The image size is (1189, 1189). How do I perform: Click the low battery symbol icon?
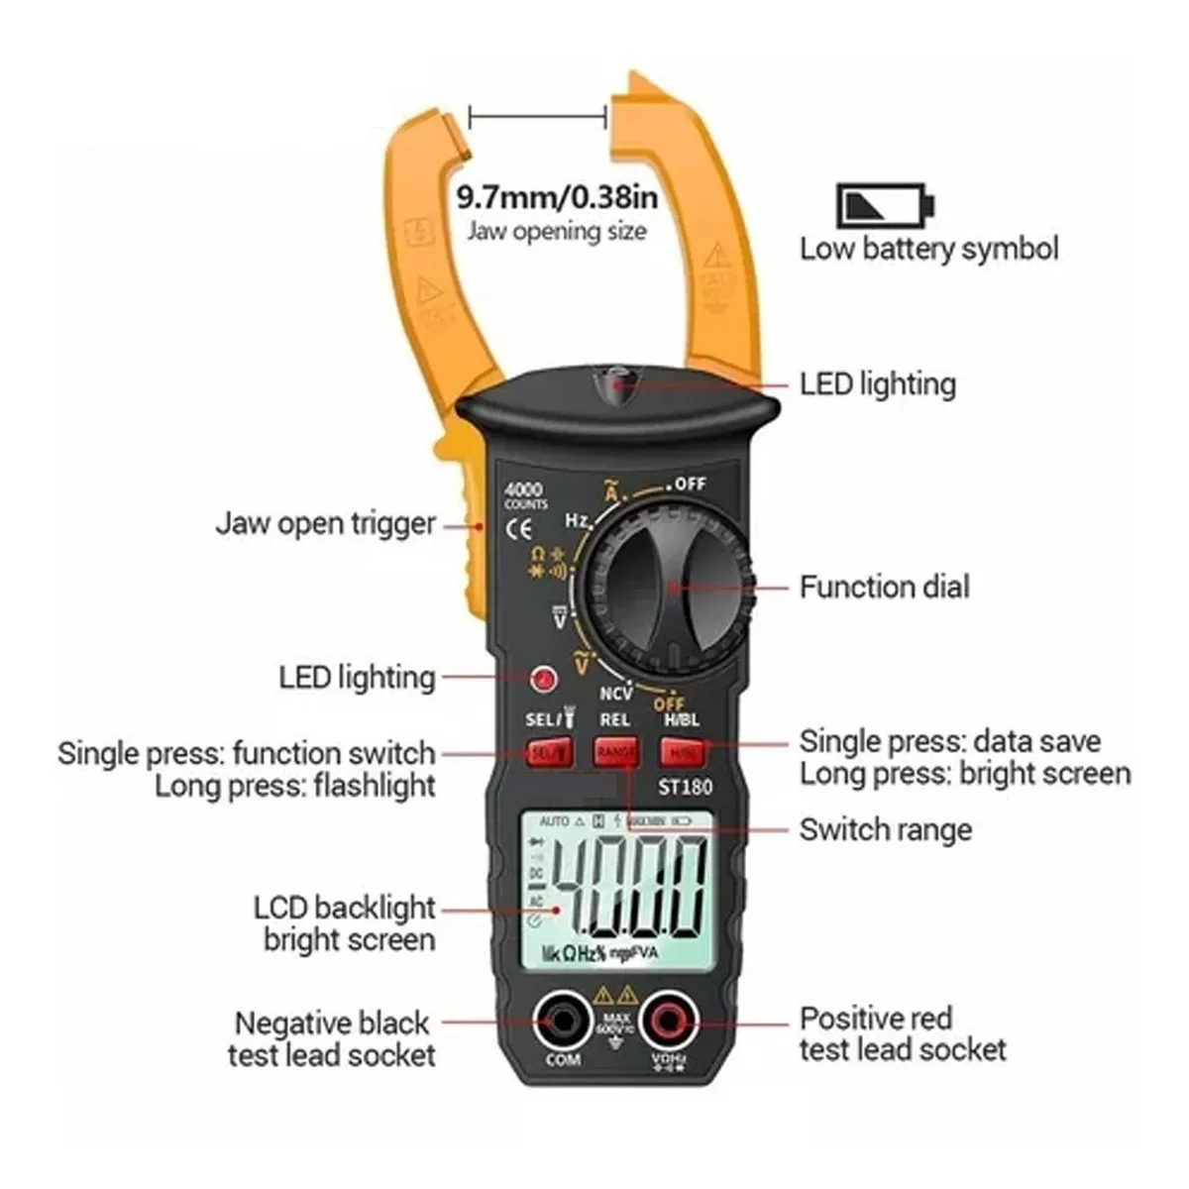pos(885,205)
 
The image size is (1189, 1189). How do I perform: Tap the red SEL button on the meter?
pos(549,753)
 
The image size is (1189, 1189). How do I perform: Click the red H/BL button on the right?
pos(683,753)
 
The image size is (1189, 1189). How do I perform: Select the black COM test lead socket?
pos(563,1021)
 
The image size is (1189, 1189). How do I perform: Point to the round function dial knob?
pos(665,584)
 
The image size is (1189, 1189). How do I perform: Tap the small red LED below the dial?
pos(543,679)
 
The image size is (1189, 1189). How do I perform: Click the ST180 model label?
pos(685,788)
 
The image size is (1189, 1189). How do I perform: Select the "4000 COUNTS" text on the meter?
pos(524,495)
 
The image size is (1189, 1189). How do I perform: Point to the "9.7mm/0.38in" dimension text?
pos(557,195)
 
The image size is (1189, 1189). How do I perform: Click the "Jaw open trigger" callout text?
pos(326,523)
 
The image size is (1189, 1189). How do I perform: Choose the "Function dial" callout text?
pos(884,587)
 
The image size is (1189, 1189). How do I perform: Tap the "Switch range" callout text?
pos(885,829)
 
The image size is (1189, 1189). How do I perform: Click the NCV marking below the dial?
pos(615,694)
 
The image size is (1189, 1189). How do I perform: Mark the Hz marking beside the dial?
pos(578,520)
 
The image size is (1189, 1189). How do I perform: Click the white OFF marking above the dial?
pos(690,484)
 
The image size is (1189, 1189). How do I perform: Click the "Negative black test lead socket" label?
pos(332,1037)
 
